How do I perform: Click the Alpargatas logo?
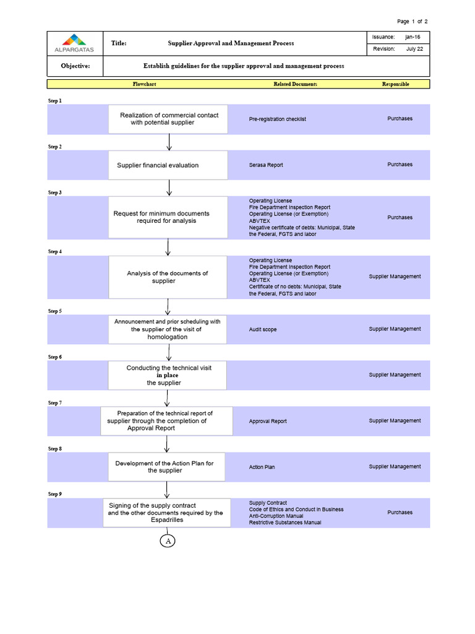click(74, 43)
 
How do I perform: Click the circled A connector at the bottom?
click(168, 541)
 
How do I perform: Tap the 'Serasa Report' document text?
click(266, 165)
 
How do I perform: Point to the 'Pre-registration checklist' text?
click(278, 119)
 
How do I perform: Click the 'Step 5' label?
click(55, 311)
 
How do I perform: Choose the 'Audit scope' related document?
click(263, 330)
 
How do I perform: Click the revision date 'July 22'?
click(414, 50)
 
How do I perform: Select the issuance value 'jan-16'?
click(413, 37)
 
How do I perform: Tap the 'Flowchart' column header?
click(145, 84)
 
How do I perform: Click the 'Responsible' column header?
click(395, 84)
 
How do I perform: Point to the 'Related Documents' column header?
click(295, 84)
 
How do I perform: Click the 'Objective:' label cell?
click(75, 66)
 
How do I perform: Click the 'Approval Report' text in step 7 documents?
click(268, 422)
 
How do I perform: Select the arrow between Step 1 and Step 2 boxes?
click(168, 142)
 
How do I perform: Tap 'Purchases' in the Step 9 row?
click(400, 513)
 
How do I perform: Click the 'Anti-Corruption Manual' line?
click(276, 516)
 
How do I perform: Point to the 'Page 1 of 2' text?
click(412, 22)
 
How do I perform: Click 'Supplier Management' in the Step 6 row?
click(395, 375)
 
